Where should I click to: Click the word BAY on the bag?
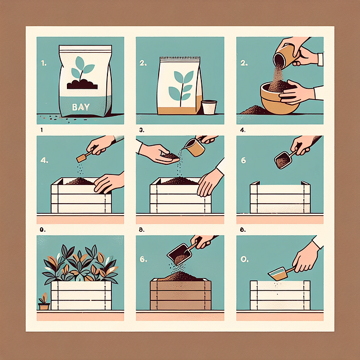pos(81,107)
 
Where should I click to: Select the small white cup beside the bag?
pos(209,107)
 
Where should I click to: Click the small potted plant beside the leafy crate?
pos(44,301)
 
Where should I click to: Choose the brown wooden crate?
pos(181,294)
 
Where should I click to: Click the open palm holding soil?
pos(159,154)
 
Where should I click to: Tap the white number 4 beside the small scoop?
pos(44,160)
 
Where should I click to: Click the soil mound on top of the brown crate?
pos(180,276)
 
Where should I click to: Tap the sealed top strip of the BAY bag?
pos(85,48)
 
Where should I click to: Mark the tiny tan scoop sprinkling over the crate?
pos(84,157)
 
